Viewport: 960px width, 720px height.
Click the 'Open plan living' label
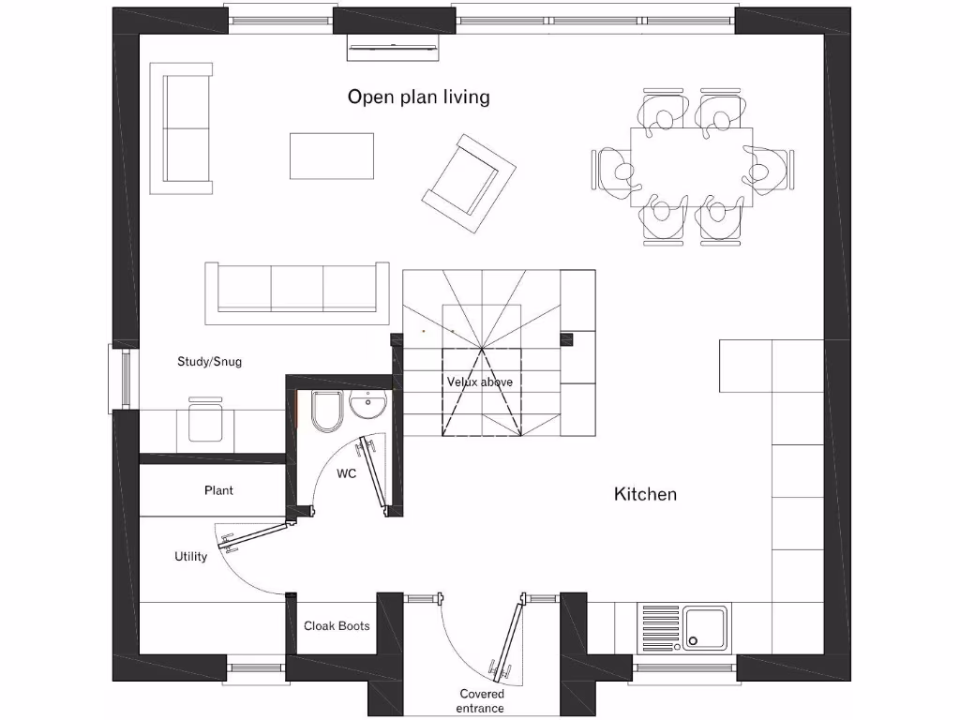418,97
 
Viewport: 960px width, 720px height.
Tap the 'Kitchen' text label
645,493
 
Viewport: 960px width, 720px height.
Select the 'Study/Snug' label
209,361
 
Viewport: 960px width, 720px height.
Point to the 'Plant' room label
218,490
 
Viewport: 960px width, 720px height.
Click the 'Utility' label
190,556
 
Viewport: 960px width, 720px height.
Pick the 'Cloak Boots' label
337,625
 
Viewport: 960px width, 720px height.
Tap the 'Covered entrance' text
481,700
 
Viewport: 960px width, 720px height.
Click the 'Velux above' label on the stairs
479,382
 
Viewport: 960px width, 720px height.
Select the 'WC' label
347,473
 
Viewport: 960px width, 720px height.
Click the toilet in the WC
325,412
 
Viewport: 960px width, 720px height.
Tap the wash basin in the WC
367,406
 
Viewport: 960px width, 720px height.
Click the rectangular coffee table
331,156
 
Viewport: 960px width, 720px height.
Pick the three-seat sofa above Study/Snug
297,292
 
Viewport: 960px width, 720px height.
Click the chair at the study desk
205,419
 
